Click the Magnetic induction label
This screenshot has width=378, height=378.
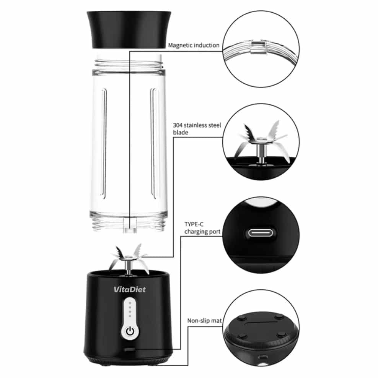click(194, 45)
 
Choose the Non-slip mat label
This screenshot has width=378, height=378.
click(205, 321)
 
